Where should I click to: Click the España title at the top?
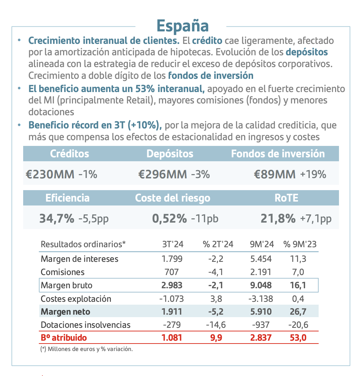(x=182, y=25)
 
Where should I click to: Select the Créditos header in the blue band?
(x=70, y=154)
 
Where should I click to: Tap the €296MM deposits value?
(x=163, y=174)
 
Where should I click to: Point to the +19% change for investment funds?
(x=313, y=174)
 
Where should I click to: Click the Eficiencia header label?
(x=67, y=198)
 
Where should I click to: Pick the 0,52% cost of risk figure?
(x=169, y=218)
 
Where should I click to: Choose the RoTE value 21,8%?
(x=278, y=218)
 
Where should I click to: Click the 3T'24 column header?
(x=173, y=244)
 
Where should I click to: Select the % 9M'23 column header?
(x=300, y=244)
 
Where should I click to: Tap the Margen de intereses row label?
(x=79, y=259)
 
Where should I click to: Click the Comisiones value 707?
(x=172, y=272)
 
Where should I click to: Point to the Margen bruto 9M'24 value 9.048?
(x=261, y=285)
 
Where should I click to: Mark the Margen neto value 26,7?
(x=299, y=312)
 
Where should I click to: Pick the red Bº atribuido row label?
(x=64, y=337)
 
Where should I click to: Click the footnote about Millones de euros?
(x=87, y=349)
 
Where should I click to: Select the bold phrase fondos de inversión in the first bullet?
(x=211, y=76)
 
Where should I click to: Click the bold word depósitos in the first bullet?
(x=307, y=52)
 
